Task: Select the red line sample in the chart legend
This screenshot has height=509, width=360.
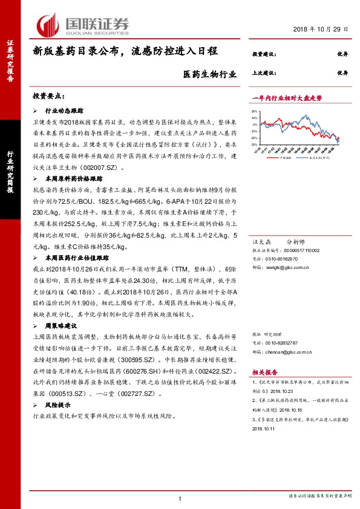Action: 261,156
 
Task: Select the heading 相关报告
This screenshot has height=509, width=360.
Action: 263,373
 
